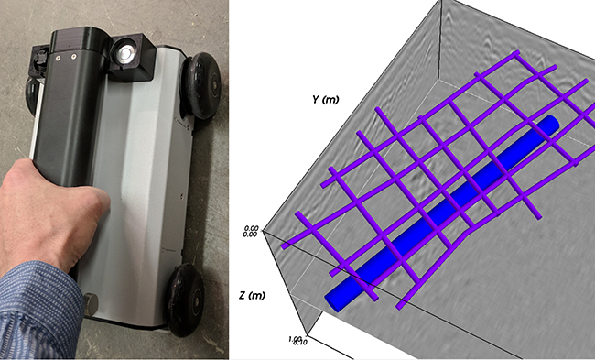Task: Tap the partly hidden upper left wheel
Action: [x=34, y=92]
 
